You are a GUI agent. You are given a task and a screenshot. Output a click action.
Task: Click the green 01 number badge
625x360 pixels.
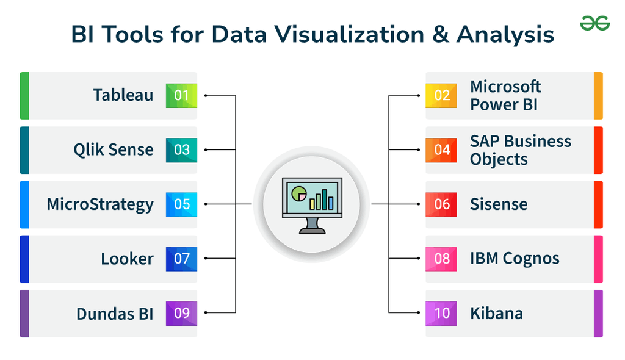(x=181, y=95)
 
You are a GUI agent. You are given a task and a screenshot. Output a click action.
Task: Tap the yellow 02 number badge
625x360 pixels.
(x=441, y=95)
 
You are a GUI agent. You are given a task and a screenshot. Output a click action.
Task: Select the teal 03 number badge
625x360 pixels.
(x=181, y=150)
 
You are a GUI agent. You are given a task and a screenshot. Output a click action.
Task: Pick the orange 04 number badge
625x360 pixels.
(x=441, y=150)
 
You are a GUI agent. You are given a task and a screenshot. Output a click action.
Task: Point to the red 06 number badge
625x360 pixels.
(x=441, y=204)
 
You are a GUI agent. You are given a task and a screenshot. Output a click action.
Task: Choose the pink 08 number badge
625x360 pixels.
(x=441, y=259)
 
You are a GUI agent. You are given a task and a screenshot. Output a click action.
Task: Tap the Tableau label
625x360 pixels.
(x=123, y=95)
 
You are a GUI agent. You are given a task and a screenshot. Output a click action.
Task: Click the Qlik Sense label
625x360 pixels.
(x=114, y=150)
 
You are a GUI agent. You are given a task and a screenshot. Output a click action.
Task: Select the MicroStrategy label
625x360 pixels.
(x=100, y=204)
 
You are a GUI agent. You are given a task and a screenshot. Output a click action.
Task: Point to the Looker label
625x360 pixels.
(x=127, y=259)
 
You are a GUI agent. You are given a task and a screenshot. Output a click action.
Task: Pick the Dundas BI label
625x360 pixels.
(x=115, y=314)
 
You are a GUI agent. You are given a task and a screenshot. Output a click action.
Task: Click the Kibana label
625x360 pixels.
(x=496, y=314)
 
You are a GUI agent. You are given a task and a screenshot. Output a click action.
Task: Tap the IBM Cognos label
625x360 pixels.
(x=515, y=259)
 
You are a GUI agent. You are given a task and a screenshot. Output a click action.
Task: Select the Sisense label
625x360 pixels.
(x=499, y=204)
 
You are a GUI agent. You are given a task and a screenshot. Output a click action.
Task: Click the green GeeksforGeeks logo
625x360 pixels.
(x=594, y=23)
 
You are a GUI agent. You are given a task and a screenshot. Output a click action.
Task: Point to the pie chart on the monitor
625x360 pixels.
(x=298, y=193)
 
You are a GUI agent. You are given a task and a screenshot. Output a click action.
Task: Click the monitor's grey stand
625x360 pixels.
(x=312, y=226)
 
